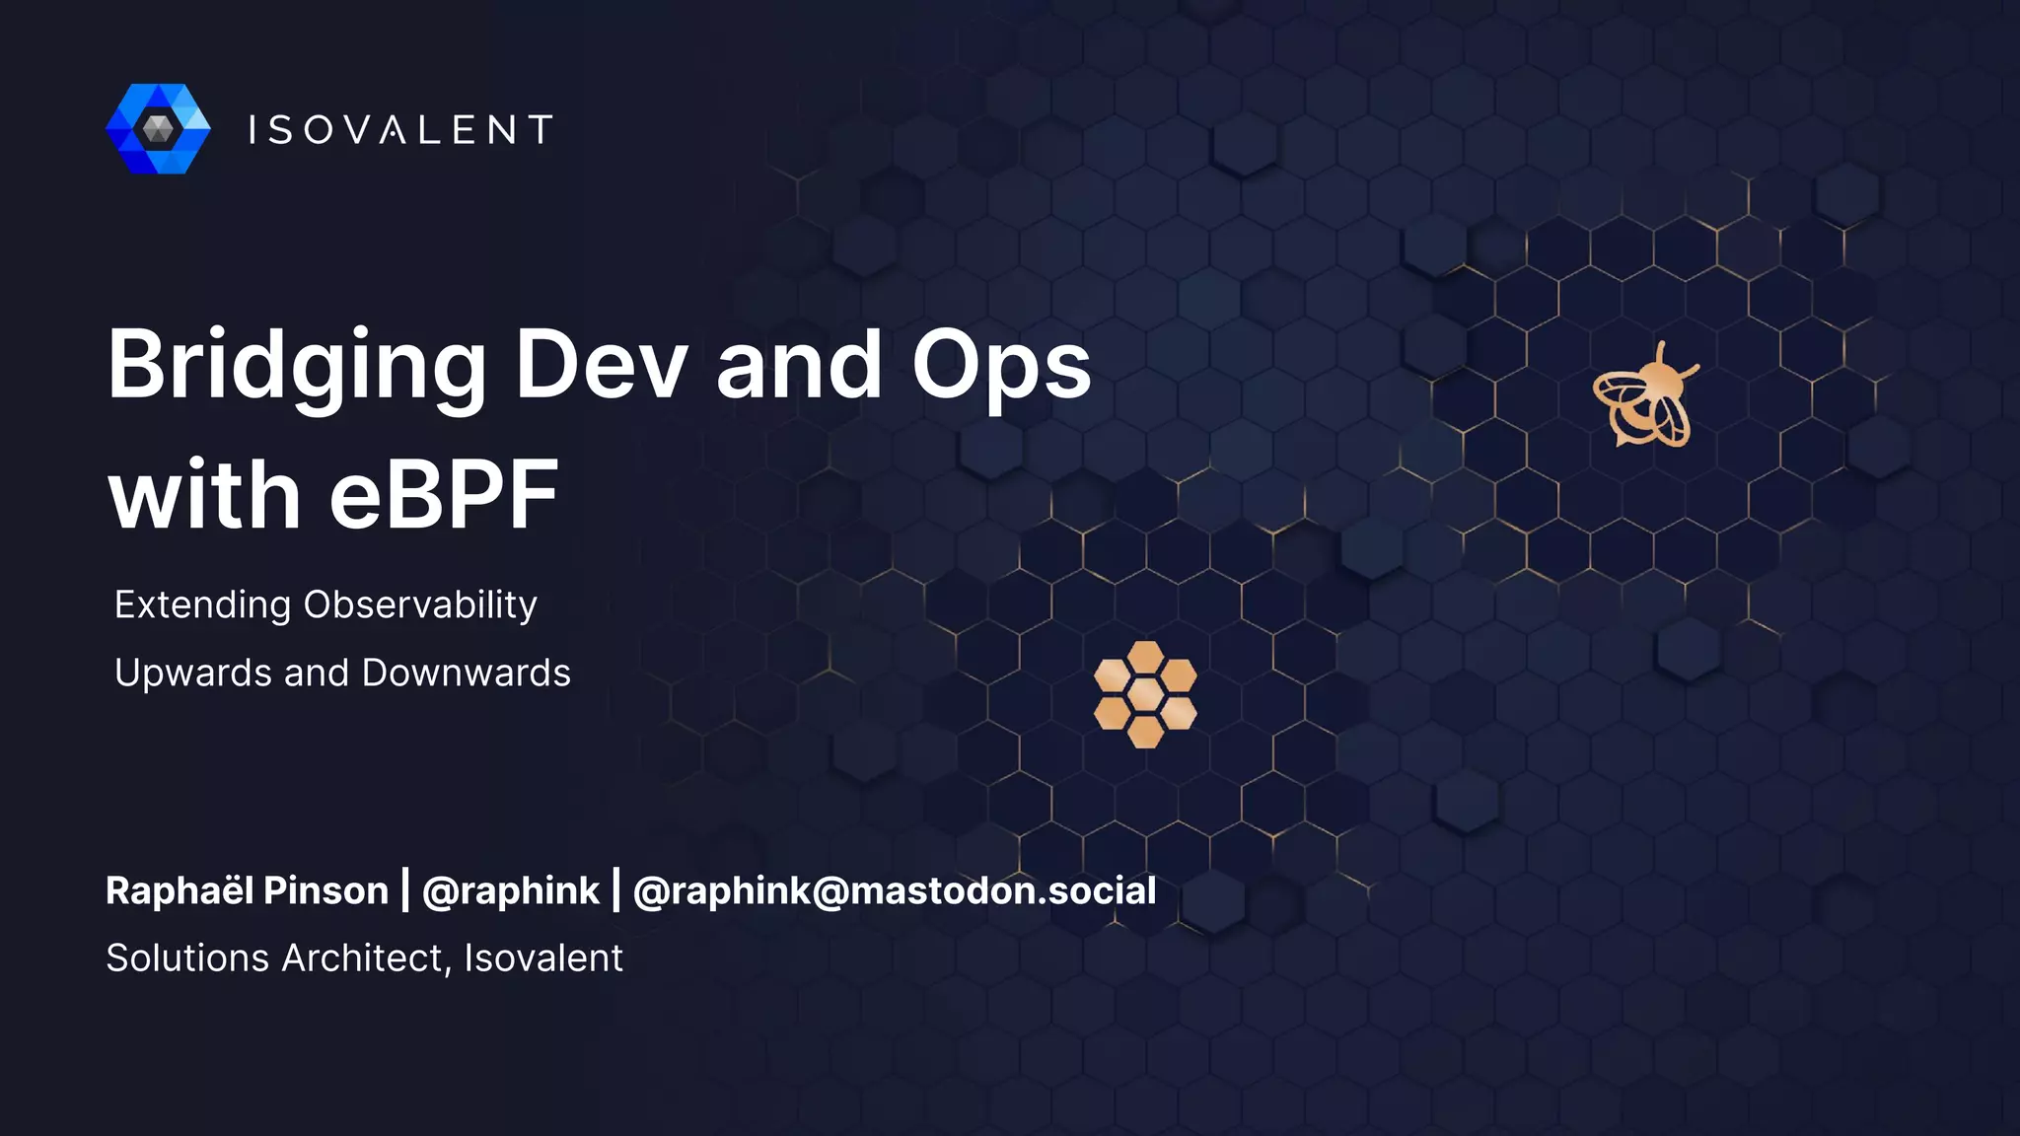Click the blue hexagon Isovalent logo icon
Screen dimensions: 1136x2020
[x=158, y=129]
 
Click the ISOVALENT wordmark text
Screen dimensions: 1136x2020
[x=399, y=130]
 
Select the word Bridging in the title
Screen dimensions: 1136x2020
[x=296, y=367]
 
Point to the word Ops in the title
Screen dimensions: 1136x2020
[x=1000, y=367]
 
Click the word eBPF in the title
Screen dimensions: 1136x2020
[x=444, y=495]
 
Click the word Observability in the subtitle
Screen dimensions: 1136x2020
[x=420, y=604]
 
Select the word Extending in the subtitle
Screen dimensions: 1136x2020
[x=202, y=604]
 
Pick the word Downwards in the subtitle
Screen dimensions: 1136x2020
[x=466, y=674]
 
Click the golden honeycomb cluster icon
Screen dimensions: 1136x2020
[x=1145, y=694]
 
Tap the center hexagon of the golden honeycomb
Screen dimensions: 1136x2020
[x=1145, y=694]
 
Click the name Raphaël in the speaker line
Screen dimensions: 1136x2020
[x=179, y=890]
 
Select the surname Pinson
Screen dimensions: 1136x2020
[x=325, y=890]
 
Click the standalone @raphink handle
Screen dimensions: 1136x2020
[x=510, y=890]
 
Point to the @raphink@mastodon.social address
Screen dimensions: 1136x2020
[x=894, y=890]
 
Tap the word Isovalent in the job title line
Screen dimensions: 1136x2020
[x=543, y=958]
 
